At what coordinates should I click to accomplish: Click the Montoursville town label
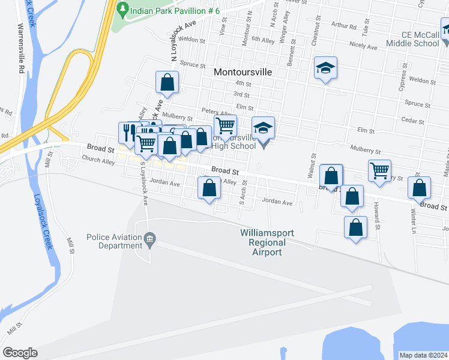click(x=243, y=71)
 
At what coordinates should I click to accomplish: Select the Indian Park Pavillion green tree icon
click(x=123, y=9)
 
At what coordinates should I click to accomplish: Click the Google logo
click(x=20, y=353)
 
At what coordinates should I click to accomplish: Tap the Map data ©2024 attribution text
click(x=423, y=355)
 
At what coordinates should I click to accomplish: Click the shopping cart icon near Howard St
click(x=379, y=170)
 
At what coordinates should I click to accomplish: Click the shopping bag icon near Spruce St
click(x=167, y=82)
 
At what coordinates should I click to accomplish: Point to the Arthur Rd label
click(x=343, y=26)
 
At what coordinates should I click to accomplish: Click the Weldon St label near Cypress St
click(x=422, y=80)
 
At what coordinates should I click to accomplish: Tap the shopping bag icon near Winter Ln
click(x=419, y=188)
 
